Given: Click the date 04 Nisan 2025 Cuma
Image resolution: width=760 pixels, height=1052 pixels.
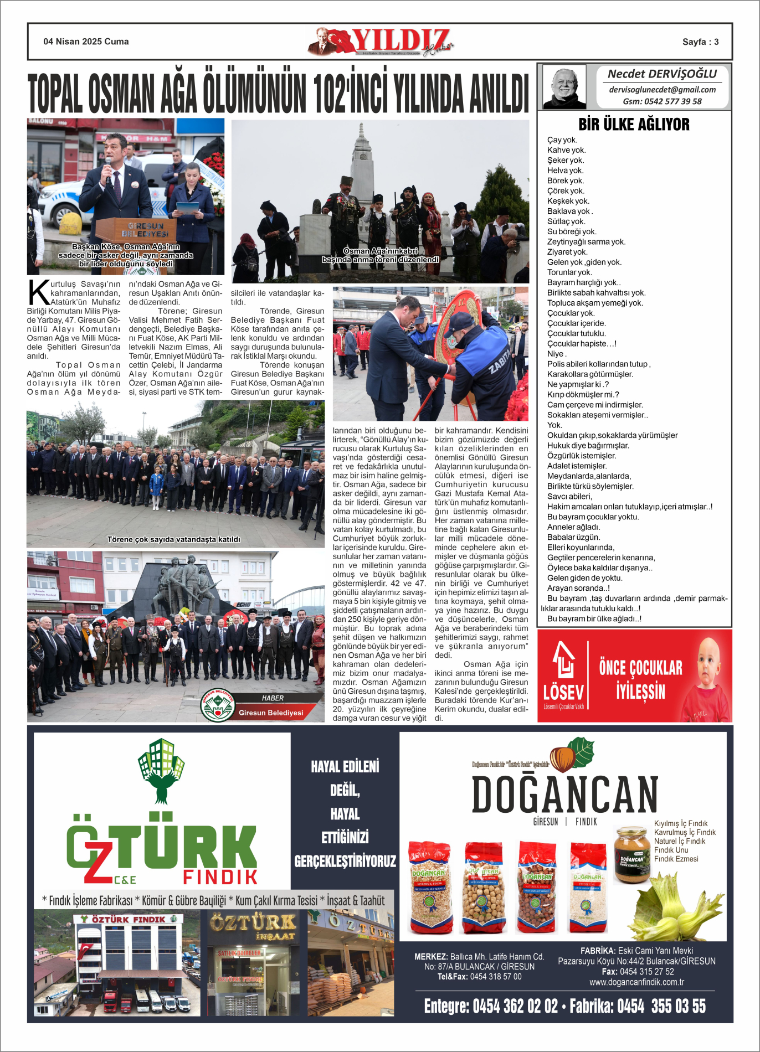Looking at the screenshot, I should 86,42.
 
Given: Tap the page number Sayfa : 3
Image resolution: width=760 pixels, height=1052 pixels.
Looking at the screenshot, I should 700,42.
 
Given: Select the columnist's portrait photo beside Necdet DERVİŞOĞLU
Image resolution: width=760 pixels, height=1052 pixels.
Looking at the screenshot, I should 564,87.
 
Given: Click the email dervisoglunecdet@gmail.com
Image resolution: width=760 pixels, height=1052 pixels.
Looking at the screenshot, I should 662,90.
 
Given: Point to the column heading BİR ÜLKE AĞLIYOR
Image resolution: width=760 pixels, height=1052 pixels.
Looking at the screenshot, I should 634,125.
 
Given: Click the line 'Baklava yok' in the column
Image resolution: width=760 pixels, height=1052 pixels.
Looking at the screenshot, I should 569,211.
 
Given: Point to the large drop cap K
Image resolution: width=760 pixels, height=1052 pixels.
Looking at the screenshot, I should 38,293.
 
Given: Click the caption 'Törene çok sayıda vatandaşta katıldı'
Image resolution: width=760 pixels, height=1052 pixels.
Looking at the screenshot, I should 173,539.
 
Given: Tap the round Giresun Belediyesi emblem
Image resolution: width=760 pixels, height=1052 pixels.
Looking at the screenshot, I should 217,705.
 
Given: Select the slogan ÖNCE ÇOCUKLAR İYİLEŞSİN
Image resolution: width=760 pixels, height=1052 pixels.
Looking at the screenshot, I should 640,679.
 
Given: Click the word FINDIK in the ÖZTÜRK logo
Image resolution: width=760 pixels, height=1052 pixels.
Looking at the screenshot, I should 220,877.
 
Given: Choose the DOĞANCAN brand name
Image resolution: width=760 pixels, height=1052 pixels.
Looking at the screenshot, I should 564,795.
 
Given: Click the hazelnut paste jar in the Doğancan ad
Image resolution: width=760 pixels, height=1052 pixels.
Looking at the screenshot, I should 631,854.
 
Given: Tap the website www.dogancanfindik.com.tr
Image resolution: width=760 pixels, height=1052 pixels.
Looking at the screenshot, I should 636,982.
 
